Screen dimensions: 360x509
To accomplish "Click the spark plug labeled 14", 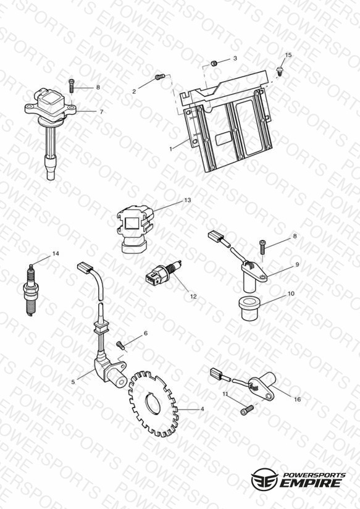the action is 31,290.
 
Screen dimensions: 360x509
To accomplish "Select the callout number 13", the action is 188,200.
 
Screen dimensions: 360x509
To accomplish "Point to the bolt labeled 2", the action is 160,77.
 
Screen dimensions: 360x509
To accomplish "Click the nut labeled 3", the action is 214,63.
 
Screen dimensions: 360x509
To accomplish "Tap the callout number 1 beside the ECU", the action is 171,149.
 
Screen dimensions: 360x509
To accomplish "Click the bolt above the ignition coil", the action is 72,86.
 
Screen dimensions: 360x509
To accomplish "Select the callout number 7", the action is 101,112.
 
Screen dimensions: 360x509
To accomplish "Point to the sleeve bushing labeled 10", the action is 249,308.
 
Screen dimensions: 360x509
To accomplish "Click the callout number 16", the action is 298,399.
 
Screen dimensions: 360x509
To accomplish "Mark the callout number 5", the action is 73,382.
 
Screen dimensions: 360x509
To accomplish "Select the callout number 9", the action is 297,264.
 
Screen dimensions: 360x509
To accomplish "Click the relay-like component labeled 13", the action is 135,229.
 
